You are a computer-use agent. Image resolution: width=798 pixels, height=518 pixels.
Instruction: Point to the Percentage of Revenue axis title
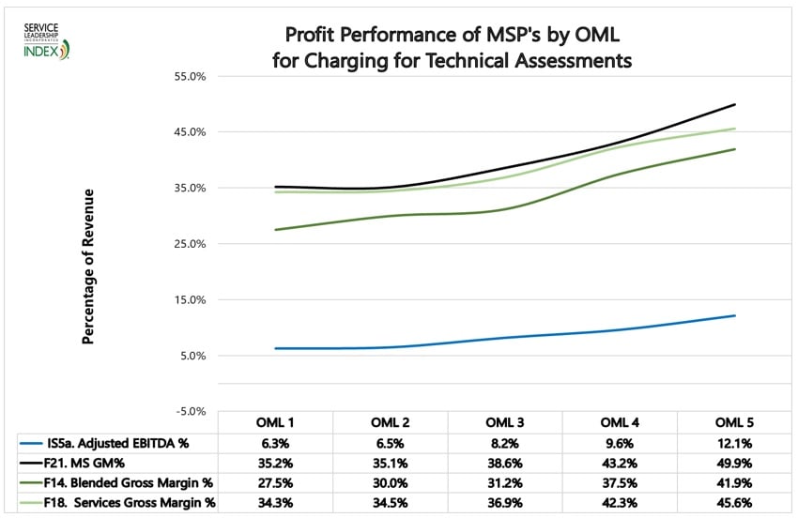tap(88, 267)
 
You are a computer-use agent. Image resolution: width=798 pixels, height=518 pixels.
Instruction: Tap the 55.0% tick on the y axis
tap(190, 76)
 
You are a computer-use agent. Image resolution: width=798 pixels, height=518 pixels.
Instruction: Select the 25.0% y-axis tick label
tap(190, 244)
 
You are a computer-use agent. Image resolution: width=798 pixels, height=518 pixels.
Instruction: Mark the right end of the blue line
tap(735, 315)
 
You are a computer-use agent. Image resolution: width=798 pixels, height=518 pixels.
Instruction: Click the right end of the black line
tap(735, 104)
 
